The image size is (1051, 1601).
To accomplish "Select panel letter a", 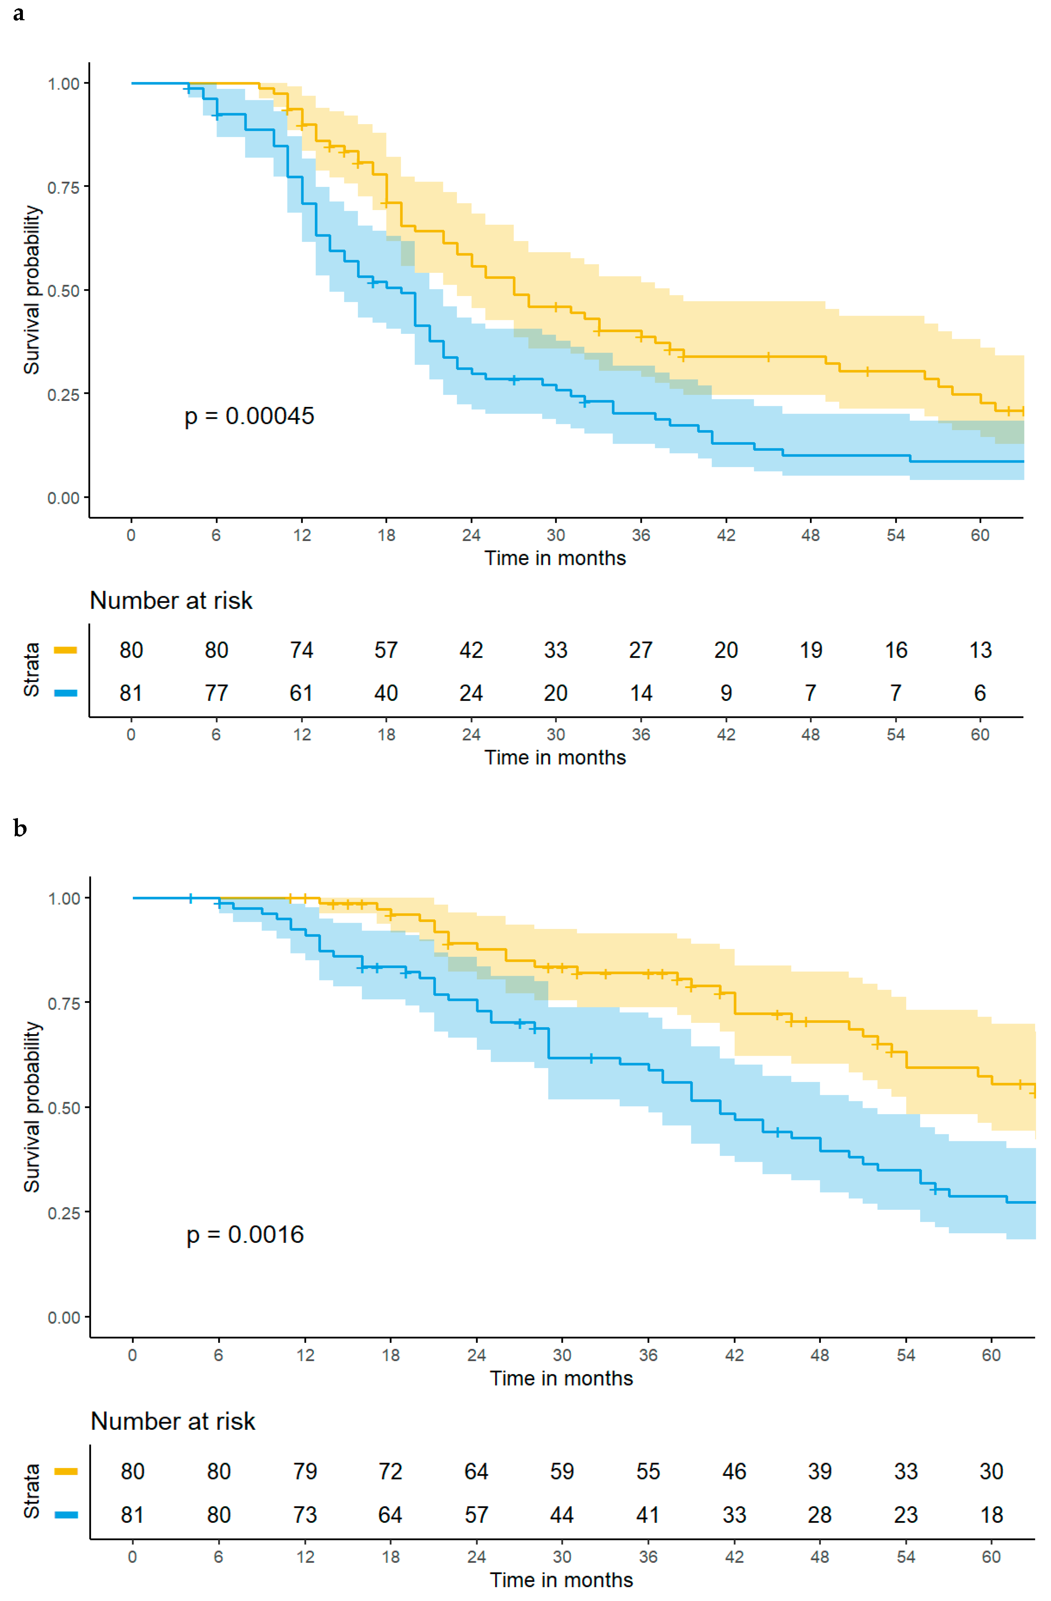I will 19,14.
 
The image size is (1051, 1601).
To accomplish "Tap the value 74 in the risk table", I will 302,650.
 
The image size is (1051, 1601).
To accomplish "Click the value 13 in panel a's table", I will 980,650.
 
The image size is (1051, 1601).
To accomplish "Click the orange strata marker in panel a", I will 65,650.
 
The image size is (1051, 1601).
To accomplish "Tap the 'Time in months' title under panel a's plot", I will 555,558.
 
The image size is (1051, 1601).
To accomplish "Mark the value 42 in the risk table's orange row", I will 471,650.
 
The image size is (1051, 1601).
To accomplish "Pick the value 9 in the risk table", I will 726,693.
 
